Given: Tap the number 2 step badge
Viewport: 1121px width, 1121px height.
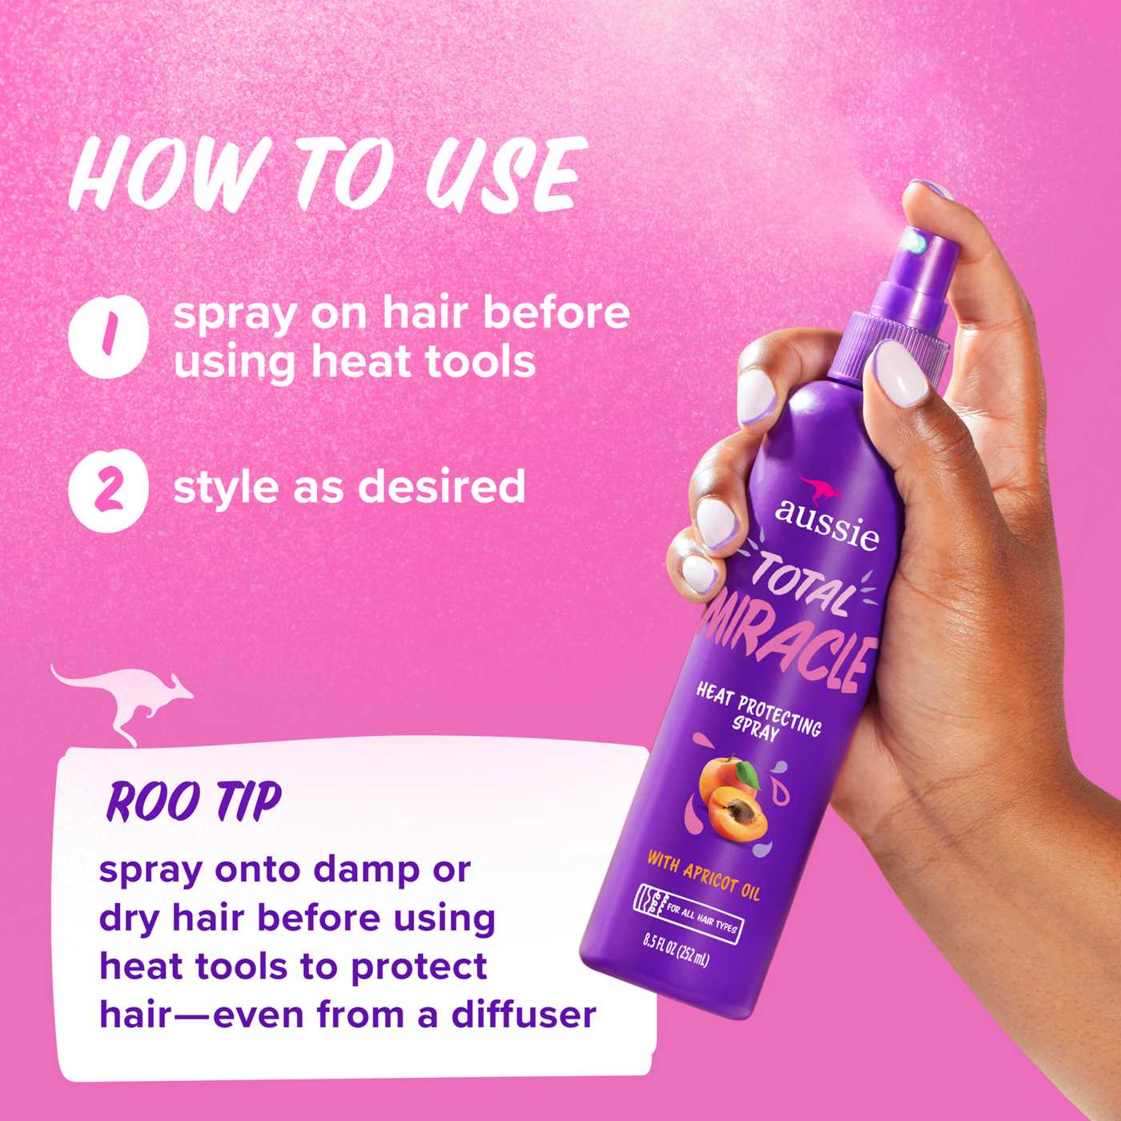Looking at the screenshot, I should [108, 489].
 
